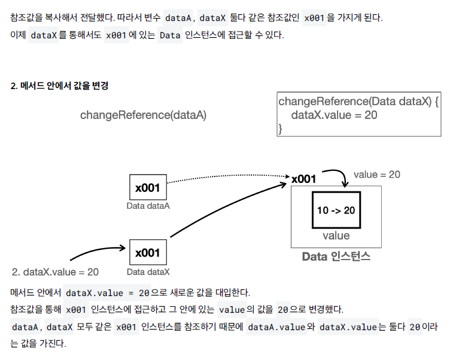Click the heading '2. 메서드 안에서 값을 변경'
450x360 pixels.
[59, 86]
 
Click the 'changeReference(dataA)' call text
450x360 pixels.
[143, 115]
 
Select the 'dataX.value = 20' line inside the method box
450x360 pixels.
[334, 115]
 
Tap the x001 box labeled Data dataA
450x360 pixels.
[148, 188]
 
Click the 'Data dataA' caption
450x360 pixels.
[148, 206]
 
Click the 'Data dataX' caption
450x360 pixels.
[148, 271]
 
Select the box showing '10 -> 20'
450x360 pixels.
[336, 210]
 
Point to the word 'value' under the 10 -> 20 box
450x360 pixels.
[336, 236]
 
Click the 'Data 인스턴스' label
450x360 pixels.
[336, 257]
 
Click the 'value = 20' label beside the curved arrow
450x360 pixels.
[376, 175]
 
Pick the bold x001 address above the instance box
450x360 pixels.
[303, 179]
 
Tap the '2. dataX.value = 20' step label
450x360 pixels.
[55, 271]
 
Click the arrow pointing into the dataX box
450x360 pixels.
[99, 250]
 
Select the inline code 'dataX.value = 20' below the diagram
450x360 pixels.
[107, 293]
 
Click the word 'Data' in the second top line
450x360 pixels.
[171, 35]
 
